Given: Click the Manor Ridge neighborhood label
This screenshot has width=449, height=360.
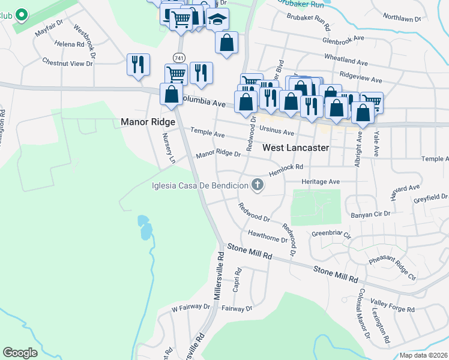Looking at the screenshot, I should [x=148, y=122].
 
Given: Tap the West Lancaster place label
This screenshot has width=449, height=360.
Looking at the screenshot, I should [x=296, y=147].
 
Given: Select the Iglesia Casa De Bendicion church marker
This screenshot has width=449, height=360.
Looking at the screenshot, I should [x=258, y=185].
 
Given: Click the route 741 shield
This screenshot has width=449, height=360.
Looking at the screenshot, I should [x=179, y=57].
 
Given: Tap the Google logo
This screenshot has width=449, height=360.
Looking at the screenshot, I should [x=20, y=353].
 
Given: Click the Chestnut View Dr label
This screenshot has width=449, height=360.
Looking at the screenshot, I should [x=68, y=62].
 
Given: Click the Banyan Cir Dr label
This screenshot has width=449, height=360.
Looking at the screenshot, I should [x=369, y=214].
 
